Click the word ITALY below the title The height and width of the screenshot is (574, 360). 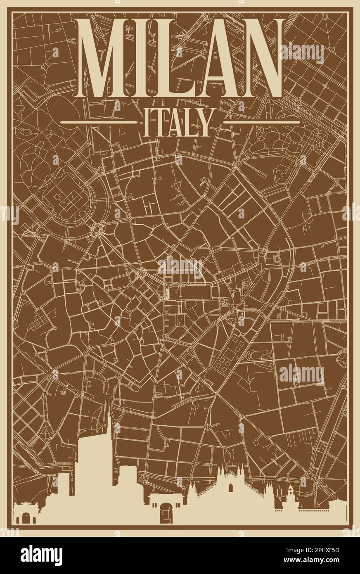point(177,122)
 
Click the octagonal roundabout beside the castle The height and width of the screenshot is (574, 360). point(99,228)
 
